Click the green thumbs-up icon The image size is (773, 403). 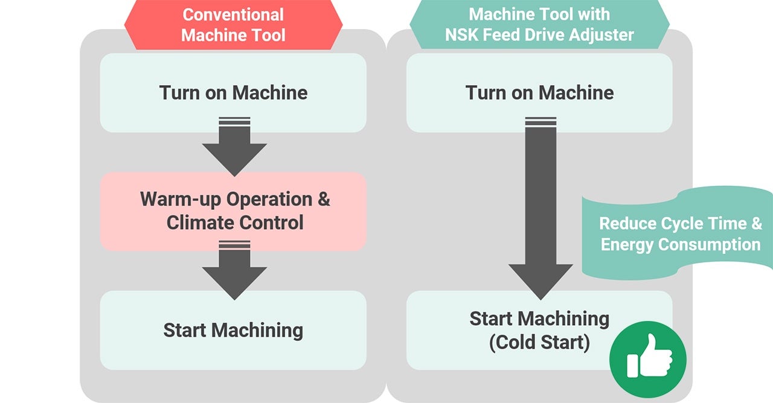tap(647, 358)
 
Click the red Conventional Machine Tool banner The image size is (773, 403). tap(233, 25)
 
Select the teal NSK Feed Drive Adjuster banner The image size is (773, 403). tap(539, 25)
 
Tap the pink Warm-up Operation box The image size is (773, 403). tap(233, 211)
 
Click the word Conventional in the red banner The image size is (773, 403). tap(233, 14)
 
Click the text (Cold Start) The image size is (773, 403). tap(539, 343)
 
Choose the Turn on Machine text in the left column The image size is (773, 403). tap(233, 92)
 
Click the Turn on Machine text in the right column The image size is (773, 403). tap(539, 92)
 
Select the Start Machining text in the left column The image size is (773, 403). tap(233, 330)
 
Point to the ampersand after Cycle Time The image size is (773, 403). tap(756, 224)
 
